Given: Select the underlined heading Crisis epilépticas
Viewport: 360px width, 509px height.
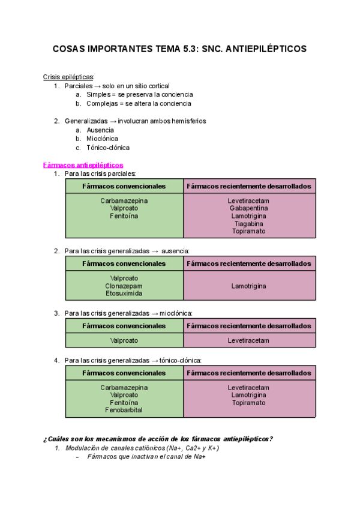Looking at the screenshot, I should [68, 77].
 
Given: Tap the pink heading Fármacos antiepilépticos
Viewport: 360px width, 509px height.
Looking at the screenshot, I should [83, 164].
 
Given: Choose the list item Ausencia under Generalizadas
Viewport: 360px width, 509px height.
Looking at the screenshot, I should [101, 130].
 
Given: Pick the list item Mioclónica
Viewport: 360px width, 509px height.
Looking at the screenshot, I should [102, 139].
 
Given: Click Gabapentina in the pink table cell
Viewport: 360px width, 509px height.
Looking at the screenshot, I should [248, 208].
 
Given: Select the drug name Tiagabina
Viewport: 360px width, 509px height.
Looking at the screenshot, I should [248, 223].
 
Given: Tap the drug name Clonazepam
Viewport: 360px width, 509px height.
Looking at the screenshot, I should [124, 286].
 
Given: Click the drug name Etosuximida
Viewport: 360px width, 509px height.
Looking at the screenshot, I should [124, 294].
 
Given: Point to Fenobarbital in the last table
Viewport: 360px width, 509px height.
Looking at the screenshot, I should [124, 411].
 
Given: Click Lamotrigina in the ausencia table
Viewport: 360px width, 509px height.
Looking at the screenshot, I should [248, 286].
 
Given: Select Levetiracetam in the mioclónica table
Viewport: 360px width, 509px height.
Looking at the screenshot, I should [248, 340].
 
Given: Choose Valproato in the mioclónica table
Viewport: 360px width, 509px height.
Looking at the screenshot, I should [124, 340].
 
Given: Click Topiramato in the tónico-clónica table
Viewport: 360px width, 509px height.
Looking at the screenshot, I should [248, 403].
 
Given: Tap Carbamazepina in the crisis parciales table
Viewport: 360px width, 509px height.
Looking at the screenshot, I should [124, 200].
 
